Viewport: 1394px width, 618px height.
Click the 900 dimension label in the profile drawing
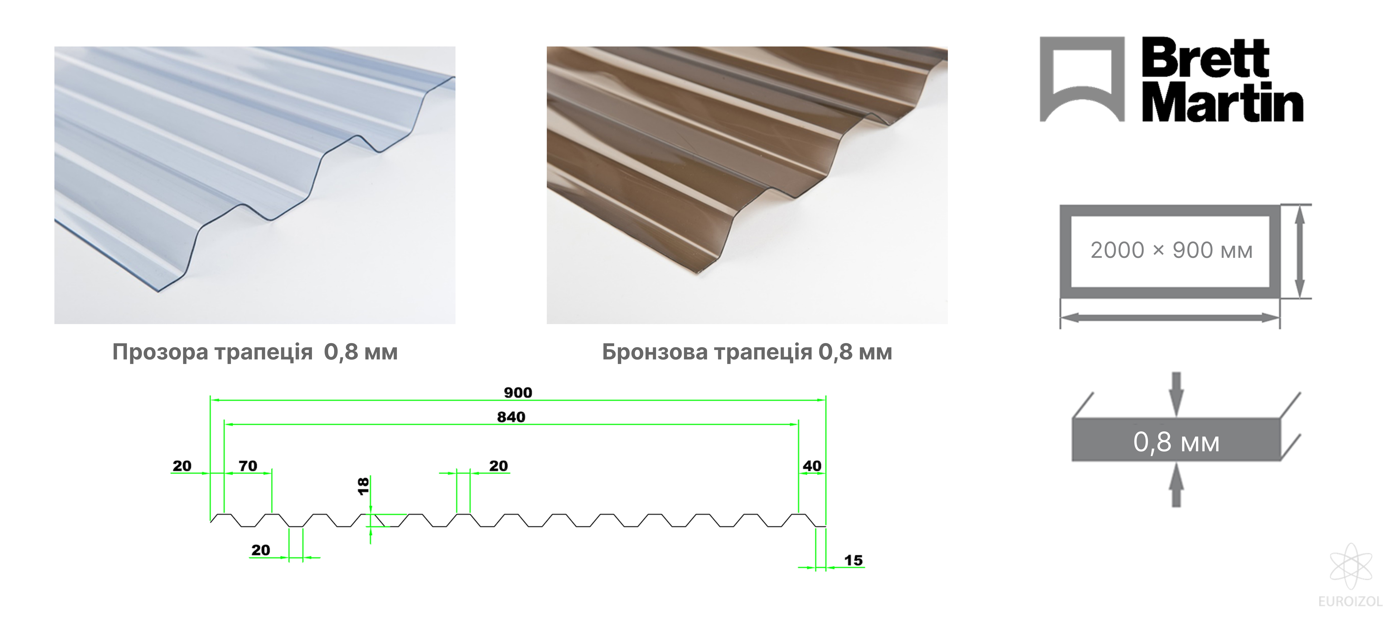[x=518, y=392]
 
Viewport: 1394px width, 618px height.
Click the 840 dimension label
[x=511, y=417]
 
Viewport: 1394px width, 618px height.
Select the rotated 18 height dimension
[x=363, y=486]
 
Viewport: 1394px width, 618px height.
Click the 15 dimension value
[x=853, y=560]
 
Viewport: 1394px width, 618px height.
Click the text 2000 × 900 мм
[x=1171, y=251]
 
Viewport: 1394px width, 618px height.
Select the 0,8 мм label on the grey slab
[x=1176, y=442]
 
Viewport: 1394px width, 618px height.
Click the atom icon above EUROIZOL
[x=1351, y=567]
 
